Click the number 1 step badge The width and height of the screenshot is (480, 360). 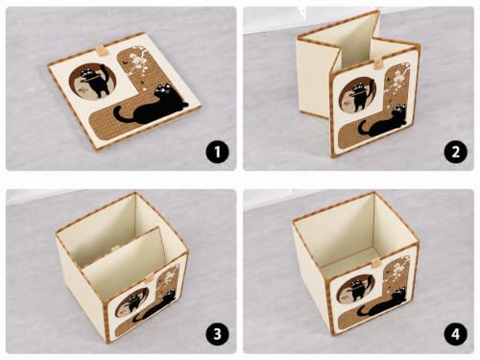[218, 152]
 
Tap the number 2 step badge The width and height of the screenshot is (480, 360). [455, 152]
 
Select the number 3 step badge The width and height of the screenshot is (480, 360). [218, 334]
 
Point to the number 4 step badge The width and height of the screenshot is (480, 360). [455, 334]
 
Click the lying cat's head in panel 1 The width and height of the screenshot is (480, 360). [164, 90]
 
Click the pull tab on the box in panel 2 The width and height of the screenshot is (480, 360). [377, 62]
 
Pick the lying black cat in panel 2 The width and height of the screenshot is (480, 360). [383, 123]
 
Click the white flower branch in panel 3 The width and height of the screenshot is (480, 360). [169, 276]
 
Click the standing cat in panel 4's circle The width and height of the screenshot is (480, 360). [360, 291]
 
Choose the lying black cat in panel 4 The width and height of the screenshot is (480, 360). [382, 303]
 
